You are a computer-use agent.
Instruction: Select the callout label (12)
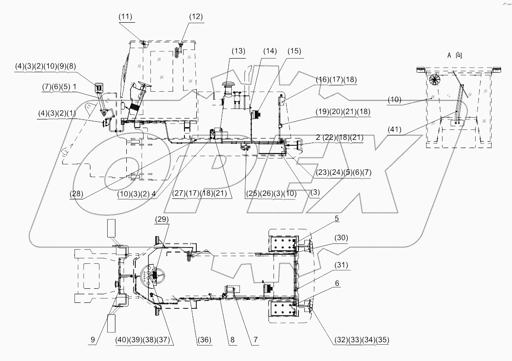(195, 17)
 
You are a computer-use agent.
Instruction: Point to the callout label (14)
(269, 51)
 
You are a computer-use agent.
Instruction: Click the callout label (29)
(162, 219)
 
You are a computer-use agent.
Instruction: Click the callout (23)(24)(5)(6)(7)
(342, 173)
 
